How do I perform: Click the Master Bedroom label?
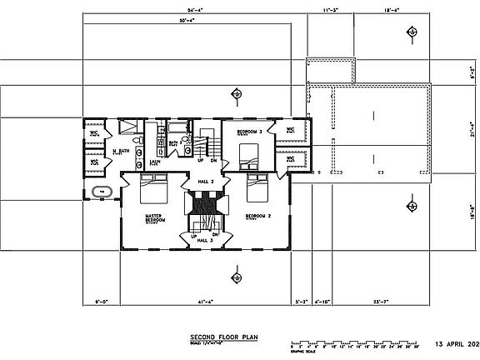point(151,218)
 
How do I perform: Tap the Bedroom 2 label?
point(257,216)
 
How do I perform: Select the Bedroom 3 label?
point(249,132)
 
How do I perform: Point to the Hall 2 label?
point(206,181)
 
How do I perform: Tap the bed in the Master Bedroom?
point(154,189)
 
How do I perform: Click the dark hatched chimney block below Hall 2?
point(205,202)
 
